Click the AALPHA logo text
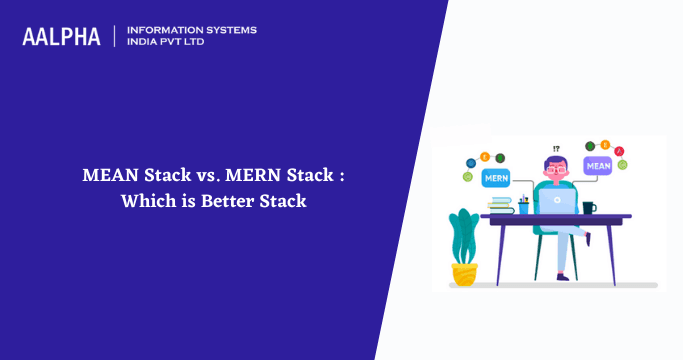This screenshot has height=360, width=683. click(61, 37)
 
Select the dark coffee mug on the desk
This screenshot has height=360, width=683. click(588, 208)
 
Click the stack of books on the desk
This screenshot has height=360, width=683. click(500, 206)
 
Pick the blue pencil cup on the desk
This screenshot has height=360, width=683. click(523, 207)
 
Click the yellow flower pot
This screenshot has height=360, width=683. click(464, 273)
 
